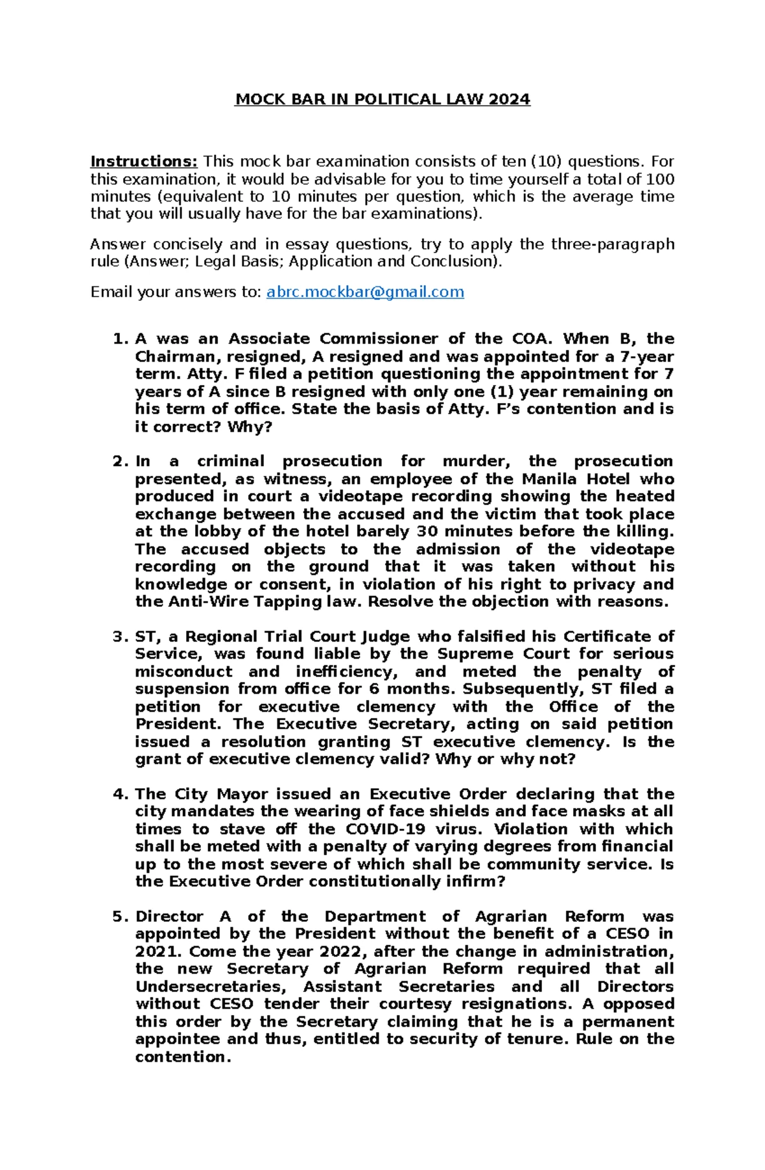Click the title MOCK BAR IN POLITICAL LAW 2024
point(382,99)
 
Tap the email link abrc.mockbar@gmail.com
point(365,292)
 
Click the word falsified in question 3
point(517,636)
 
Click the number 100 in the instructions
point(660,179)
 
